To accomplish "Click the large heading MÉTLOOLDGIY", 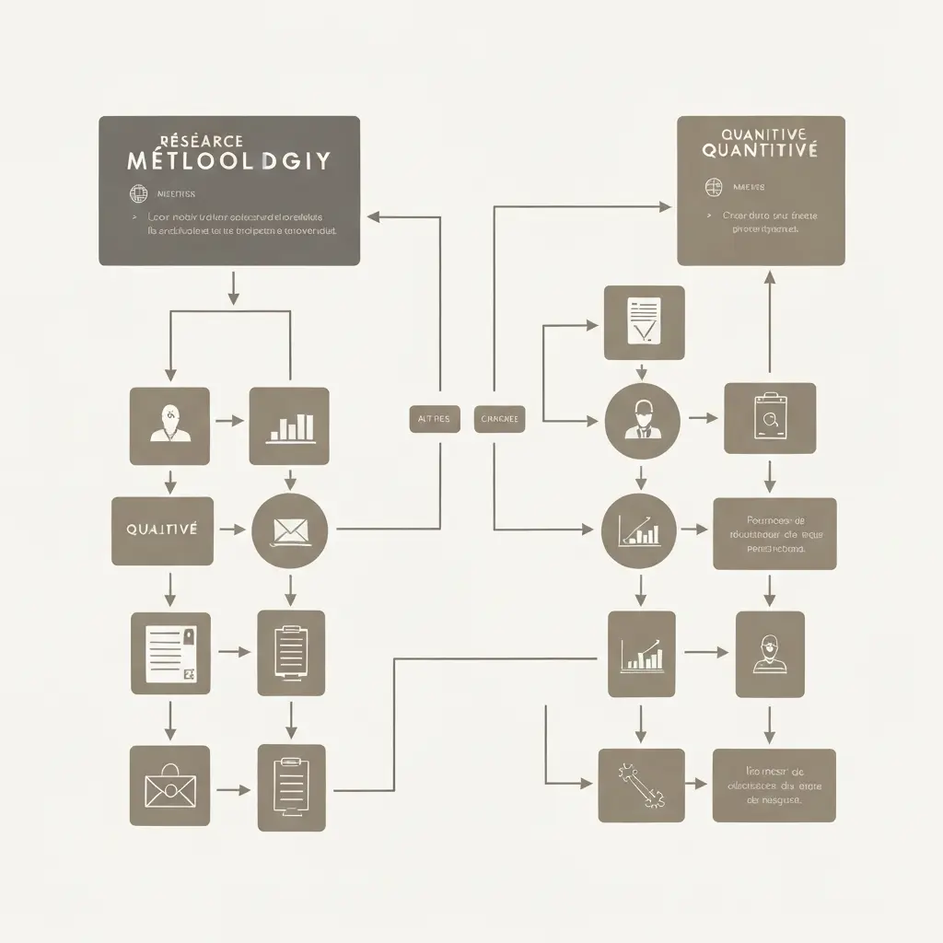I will click(228, 160).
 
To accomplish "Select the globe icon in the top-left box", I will click(139, 194).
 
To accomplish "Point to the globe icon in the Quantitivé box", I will click(712, 188).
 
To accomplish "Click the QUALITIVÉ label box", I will click(162, 530).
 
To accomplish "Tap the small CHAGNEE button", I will click(500, 418).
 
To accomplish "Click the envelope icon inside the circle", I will click(290, 530).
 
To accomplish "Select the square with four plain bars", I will click(289, 425).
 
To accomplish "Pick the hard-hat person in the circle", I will click(642, 420).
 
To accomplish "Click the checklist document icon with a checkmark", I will click(644, 321).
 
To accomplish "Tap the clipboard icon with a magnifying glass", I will click(769, 418).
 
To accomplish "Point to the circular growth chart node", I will click(639, 530).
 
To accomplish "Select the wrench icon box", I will click(641, 785).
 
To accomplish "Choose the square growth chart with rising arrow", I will click(641, 653).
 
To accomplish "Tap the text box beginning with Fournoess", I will click(774, 533).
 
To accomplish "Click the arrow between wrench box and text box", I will click(699, 785).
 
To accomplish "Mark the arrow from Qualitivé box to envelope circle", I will click(234, 530).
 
